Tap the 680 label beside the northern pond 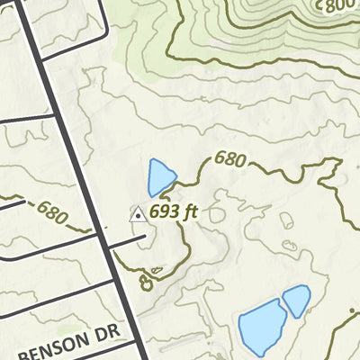(229, 160)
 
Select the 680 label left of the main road (53, 213)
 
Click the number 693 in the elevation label (164, 212)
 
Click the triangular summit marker (138, 214)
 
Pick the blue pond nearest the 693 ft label (161, 176)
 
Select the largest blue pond (262, 328)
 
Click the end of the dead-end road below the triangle (144, 239)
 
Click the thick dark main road (81, 162)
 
